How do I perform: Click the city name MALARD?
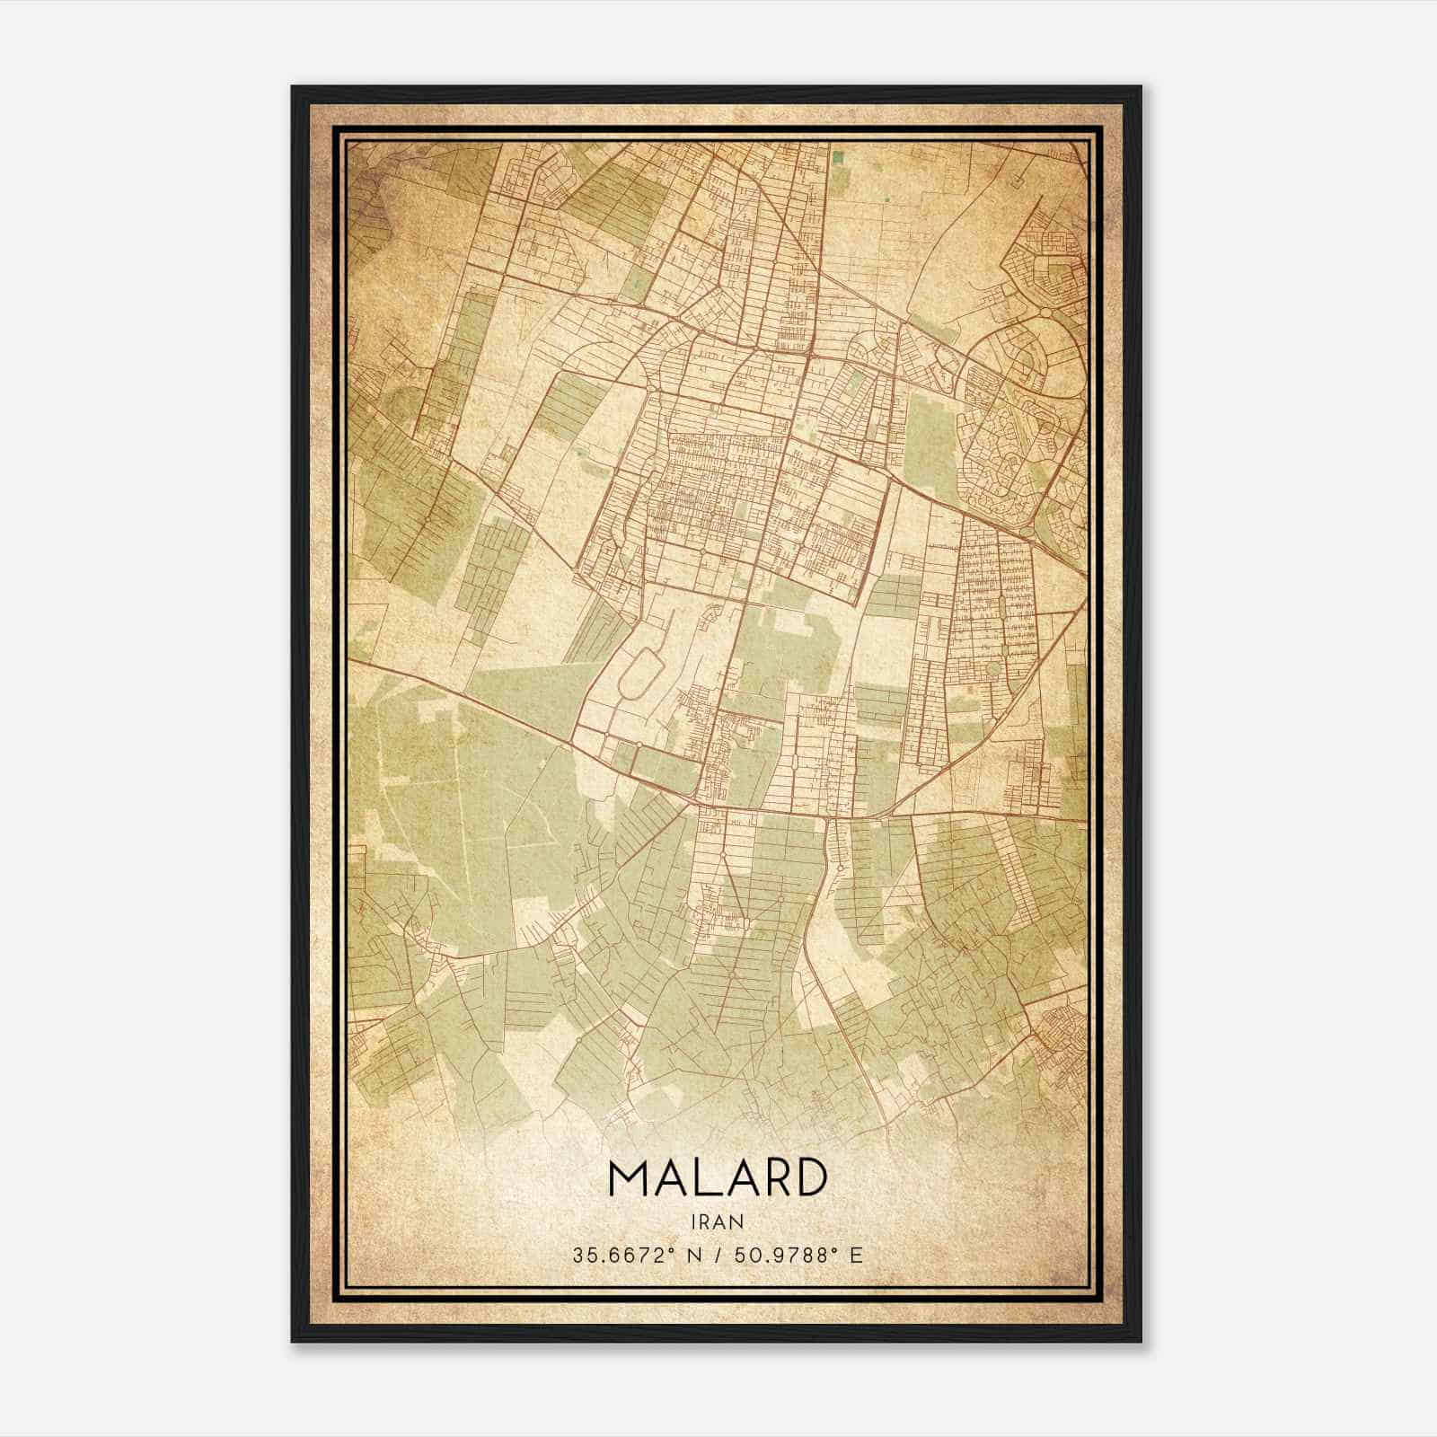717,1177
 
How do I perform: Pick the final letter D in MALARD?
809,1177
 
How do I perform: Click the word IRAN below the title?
718,1221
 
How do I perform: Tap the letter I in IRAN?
695,1221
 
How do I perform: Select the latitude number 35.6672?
606,1255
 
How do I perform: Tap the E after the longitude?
855,1255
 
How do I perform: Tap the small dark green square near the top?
838,158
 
